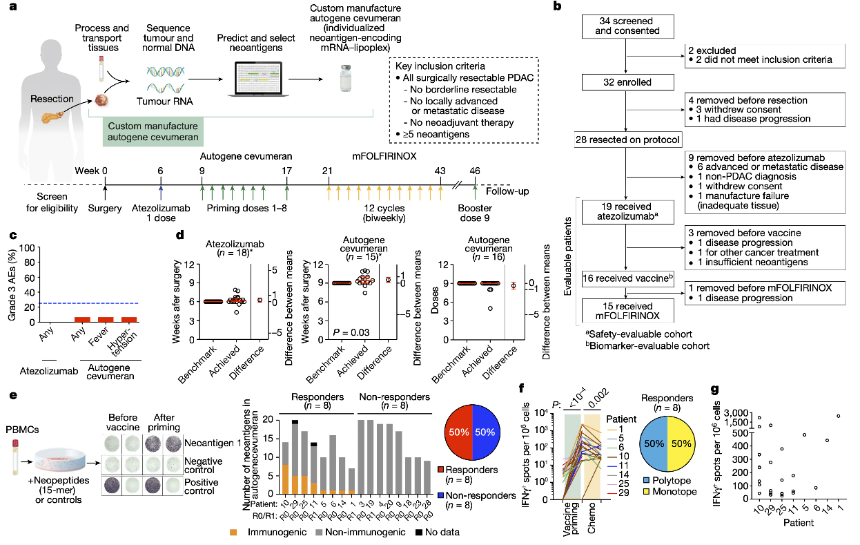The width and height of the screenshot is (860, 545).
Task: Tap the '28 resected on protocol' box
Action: (x=626, y=140)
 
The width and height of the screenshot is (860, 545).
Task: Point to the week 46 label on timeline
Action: (x=475, y=171)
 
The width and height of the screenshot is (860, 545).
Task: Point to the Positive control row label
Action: (x=206, y=487)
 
